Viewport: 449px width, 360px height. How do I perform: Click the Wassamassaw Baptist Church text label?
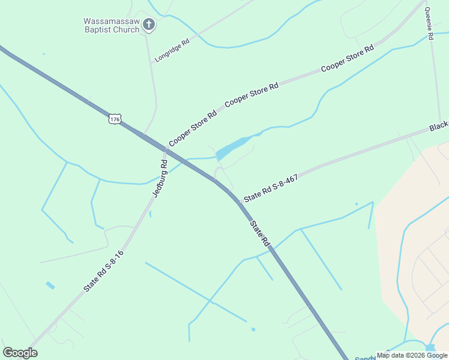pyautogui.click(x=111, y=25)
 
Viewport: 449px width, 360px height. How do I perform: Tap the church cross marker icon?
pyautogui.click(x=149, y=25)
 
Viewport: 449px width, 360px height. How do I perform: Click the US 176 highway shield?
pyautogui.click(x=115, y=119)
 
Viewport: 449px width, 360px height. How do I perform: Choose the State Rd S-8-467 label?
pyautogui.click(x=271, y=188)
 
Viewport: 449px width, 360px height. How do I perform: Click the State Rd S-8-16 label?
pyautogui.click(x=103, y=271)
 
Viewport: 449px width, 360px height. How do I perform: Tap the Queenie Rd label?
pyautogui.click(x=429, y=23)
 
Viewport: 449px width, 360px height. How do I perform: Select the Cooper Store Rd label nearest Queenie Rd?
pyautogui.click(x=348, y=58)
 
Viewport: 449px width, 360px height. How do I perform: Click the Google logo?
pyautogui.click(x=20, y=353)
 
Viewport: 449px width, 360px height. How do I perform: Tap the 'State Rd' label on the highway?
pyautogui.click(x=260, y=233)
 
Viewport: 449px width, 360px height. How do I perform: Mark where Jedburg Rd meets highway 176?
pyautogui.click(x=164, y=149)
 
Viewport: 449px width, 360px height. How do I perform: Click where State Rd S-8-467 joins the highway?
pyautogui.click(x=239, y=203)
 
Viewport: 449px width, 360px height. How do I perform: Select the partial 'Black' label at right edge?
pyautogui.click(x=439, y=127)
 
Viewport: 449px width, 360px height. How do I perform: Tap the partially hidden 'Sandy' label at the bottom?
pyautogui.click(x=366, y=358)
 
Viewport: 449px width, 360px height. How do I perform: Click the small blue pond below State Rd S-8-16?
pyautogui.click(x=50, y=286)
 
